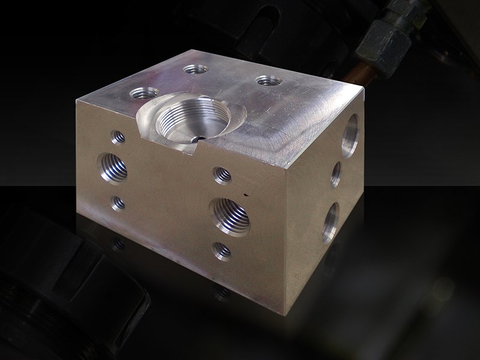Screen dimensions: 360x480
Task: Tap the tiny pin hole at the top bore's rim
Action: (x=197, y=139)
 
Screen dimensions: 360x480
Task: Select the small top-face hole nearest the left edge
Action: (x=145, y=94)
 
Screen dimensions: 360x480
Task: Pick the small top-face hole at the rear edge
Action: (x=196, y=69)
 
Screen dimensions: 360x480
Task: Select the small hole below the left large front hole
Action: (x=118, y=203)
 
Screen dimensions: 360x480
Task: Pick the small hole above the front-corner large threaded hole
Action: (x=223, y=175)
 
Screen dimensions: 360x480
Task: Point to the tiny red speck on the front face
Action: (x=245, y=194)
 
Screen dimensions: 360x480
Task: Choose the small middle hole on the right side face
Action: (x=336, y=174)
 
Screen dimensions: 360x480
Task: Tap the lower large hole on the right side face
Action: (x=330, y=221)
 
